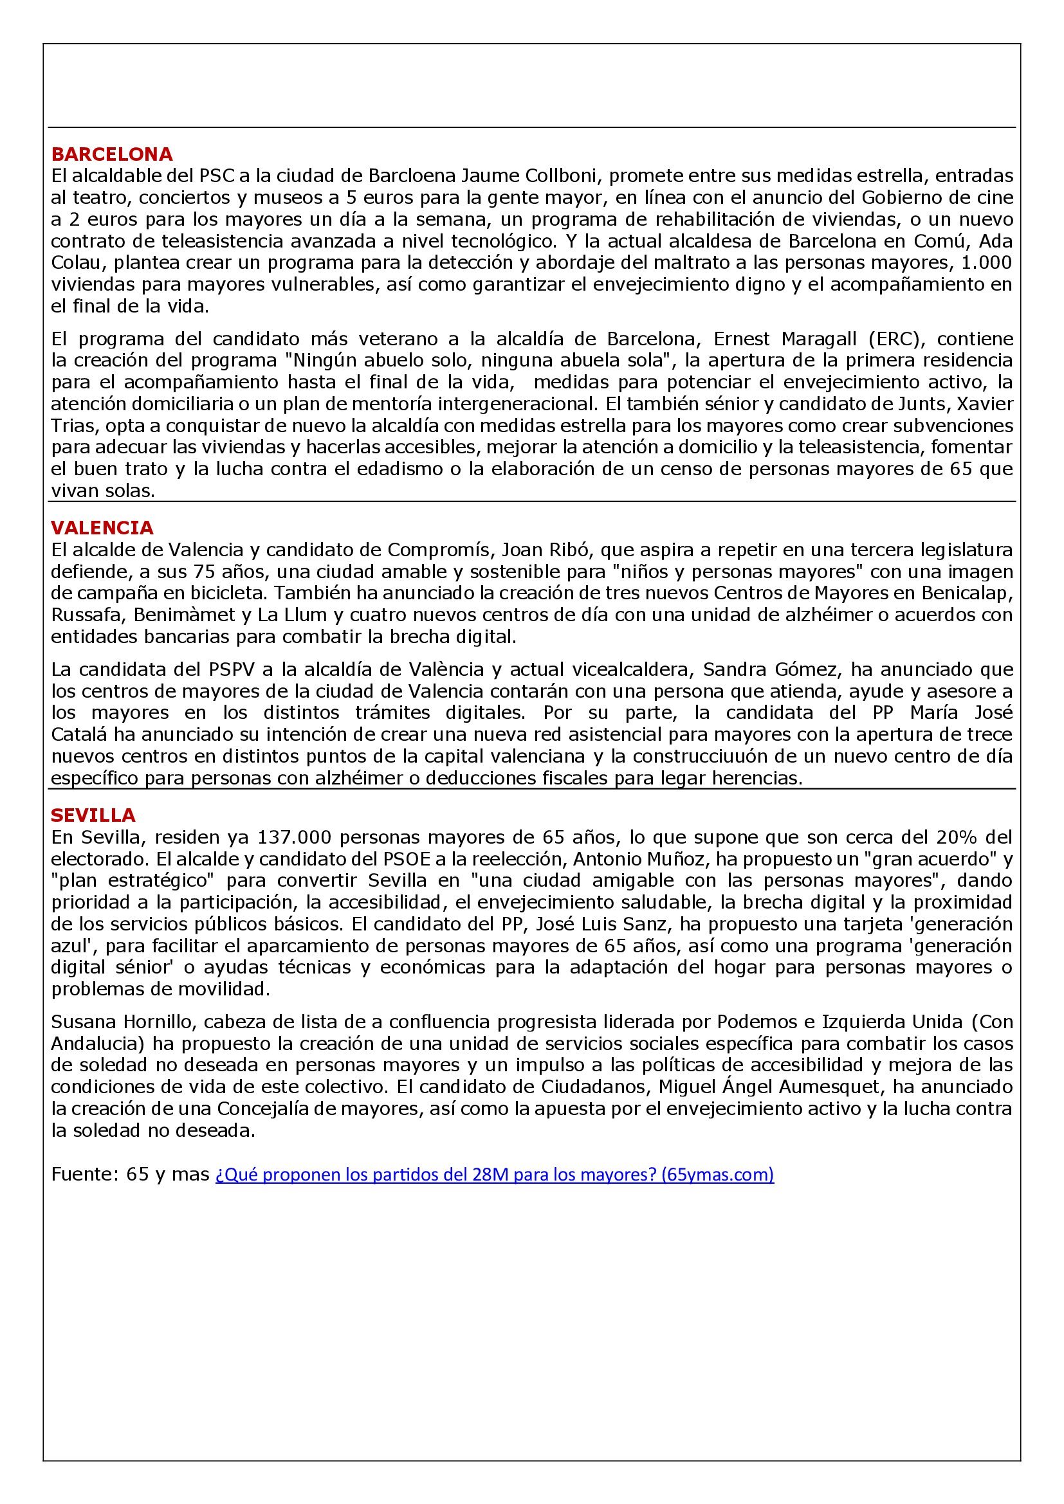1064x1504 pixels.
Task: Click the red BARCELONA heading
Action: [112, 154]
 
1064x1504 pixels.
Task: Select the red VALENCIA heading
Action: [102, 527]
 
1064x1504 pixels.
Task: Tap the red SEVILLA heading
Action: [94, 815]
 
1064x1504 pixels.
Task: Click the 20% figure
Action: [957, 837]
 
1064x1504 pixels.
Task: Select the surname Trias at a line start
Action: [73, 426]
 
